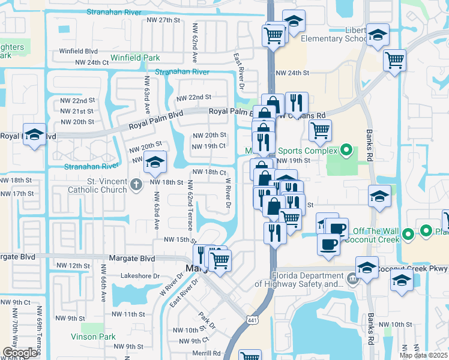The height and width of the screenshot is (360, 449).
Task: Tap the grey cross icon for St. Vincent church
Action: (136, 184)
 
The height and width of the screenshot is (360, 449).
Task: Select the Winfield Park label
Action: (134, 58)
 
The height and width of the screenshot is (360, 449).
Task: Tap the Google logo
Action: (20, 353)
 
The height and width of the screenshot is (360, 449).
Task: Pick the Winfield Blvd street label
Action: (78, 51)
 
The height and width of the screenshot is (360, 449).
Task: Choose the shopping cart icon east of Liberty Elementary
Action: (394, 59)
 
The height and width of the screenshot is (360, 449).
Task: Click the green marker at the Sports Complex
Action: (346, 150)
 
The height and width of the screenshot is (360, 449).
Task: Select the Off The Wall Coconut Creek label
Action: (376, 235)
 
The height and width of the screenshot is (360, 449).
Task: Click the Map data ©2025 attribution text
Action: (423, 355)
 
